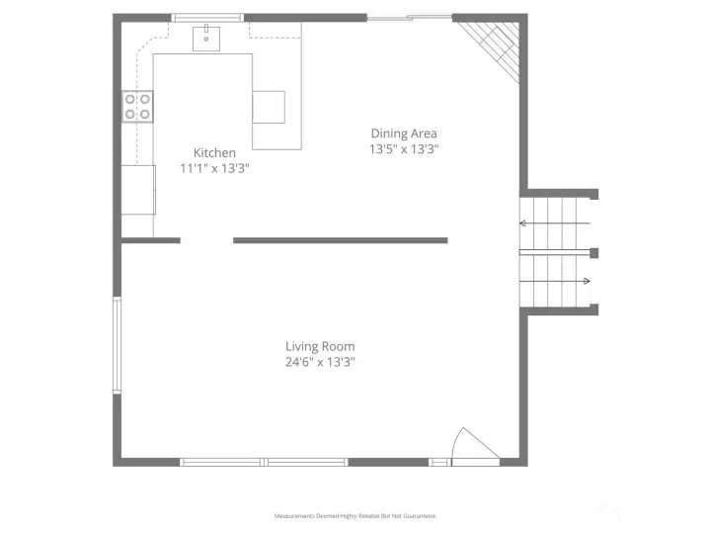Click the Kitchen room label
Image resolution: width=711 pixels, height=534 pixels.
pyautogui.click(x=214, y=152)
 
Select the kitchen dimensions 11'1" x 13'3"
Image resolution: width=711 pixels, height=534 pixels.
pyautogui.click(x=214, y=168)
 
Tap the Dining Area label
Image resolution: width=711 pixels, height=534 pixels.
pyautogui.click(x=404, y=133)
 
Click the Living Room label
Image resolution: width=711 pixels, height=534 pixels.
pyautogui.click(x=320, y=346)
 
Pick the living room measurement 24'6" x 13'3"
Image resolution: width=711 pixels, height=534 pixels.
pyautogui.click(x=320, y=362)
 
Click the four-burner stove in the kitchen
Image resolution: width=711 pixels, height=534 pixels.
pyautogui.click(x=138, y=106)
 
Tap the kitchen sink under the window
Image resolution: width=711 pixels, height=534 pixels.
pyautogui.click(x=206, y=39)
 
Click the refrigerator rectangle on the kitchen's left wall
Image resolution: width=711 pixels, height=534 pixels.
pyautogui.click(x=138, y=189)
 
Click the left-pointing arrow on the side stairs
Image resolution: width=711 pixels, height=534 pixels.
pyautogui.click(x=523, y=224)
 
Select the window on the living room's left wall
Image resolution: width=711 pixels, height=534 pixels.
pyautogui.click(x=117, y=346)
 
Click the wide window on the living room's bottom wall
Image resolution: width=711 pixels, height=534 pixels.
pyautogui.click(x=265, y=462)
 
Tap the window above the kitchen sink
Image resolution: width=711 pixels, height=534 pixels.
pyautogui.click(x=207, y=18)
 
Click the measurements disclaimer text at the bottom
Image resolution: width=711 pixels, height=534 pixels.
pyautogui.click(x=355, y=516)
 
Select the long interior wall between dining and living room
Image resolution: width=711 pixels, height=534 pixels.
pyautogui.click(x=341, y=240)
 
